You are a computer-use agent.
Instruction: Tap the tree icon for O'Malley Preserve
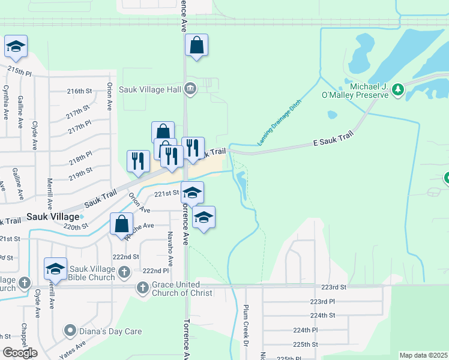click(x=397, y=90)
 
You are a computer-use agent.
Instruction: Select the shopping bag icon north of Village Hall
click(x=196, y=46)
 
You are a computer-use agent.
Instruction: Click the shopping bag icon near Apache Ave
click(x=121, y=224)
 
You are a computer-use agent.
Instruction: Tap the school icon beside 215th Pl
click(x=16, y=47)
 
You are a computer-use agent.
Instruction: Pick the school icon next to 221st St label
click(x=192, y=193)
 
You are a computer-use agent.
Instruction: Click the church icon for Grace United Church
click(x=143, y=288)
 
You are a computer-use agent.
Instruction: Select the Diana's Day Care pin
click(x=70, y=331)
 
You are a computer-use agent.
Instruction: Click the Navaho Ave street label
click(x=170, y=249)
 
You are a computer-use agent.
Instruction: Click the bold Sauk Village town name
click(x=53, y=216)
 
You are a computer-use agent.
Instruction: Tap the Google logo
click(x=19, y=353)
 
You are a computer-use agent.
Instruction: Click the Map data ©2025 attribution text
click(x=423, y=355)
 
